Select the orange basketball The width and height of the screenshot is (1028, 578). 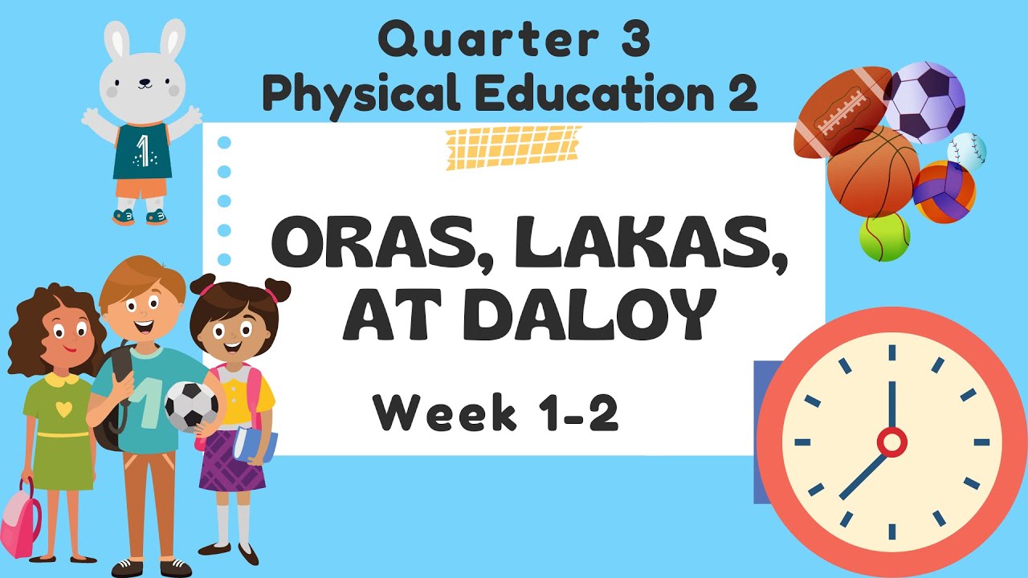(871, 173)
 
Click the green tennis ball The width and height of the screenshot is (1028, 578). (884, 237)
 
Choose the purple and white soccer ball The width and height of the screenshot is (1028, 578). (924, 102)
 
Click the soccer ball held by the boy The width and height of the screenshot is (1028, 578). (191, 405)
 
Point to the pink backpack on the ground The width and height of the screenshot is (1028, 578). (20, 522)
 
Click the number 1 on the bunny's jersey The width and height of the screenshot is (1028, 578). (142, 151)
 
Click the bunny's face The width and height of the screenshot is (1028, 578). (142, 80)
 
